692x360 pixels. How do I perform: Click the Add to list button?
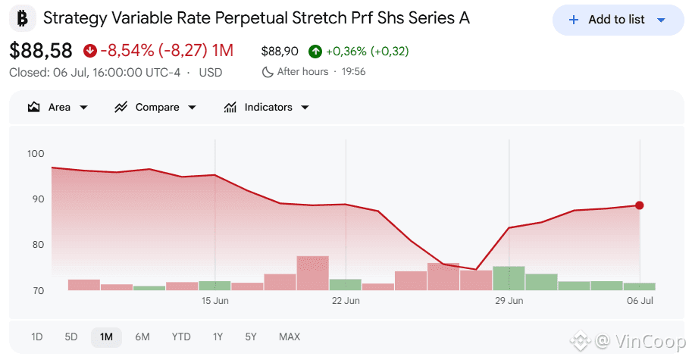[x=618, y=20]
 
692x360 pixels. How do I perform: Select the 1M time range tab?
[x=106, y=337]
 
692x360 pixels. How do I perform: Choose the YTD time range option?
[x=181, y=337]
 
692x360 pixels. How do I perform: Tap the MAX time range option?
[x=290, y=337]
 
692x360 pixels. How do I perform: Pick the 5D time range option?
[x=71, y=337]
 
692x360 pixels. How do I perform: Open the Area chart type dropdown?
[x=58, y=107]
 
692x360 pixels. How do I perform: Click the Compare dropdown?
[x=155, y=107]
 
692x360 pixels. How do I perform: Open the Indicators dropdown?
[x=267, y=107]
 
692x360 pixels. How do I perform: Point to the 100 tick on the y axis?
[x=36, y=154]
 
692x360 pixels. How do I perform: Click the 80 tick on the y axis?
[x=38, y=244]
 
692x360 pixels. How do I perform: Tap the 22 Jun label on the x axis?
[x=346, y=301]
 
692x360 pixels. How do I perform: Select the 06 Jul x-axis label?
[x=640, y=301]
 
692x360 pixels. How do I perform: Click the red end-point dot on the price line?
[x=640, y=205]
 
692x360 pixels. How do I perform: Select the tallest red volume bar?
[x=313, y=273]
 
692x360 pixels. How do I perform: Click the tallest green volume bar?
[x=509, y=278]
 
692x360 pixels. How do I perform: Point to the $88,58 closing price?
[x=41, y=51]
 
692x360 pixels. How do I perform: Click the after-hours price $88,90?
[x=280, y=52]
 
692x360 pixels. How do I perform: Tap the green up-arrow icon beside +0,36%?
[x=315, y=52]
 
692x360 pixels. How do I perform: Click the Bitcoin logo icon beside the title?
[x=23, y=18]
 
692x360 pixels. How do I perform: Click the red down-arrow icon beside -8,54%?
[x=90, y=51]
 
